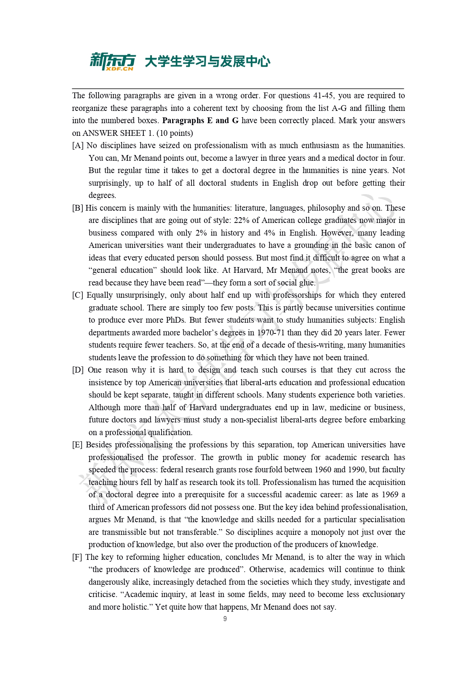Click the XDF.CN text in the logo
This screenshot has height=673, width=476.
[119, 69]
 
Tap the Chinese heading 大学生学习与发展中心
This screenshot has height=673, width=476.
[208, 61]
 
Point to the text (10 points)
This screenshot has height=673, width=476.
[175, 133]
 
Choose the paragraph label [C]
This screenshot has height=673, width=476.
[78, 295]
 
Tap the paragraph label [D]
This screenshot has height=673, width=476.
[78, 370]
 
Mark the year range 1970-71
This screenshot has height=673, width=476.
[271, 333]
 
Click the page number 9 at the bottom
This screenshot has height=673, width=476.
[225, 619]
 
